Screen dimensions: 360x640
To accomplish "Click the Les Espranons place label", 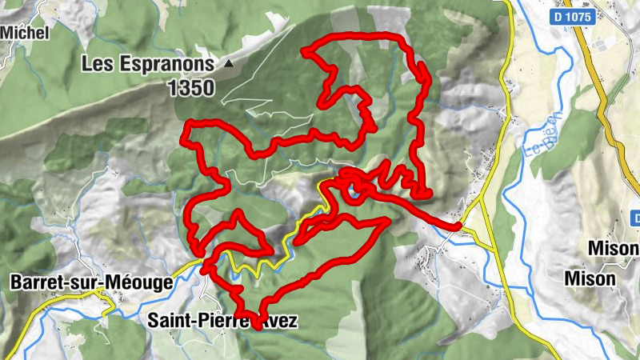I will click(x=149, y=63).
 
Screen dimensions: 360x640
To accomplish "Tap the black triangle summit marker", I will click(x=230, y=62).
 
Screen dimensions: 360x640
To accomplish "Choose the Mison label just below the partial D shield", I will click(x=613, y=249).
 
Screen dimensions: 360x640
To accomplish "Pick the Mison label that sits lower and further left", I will click(x=590, y=278).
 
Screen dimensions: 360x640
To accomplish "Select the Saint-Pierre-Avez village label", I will click(x=223, y=321).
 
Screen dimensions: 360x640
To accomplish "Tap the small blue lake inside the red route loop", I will click(x=353, y=190).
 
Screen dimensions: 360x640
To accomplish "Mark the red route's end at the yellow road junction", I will click(x=458, y=226).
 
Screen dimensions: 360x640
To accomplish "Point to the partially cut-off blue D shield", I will click(x=635, y=218).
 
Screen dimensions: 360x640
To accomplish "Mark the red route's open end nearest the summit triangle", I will click(x=305, y=51).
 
